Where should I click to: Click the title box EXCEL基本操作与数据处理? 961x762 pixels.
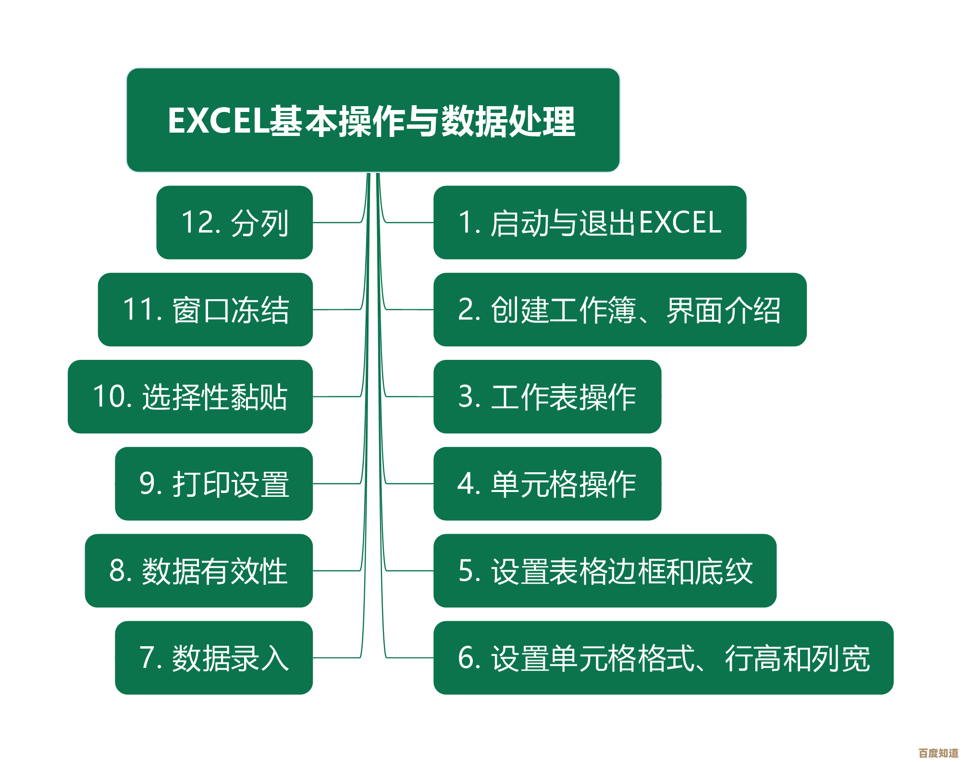(x=373, y=120)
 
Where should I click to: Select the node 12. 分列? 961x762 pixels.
(x=234, y=222)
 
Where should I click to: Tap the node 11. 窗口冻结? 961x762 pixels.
(x=205, y=309)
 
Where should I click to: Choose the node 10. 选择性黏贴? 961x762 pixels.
(x=190, y=396)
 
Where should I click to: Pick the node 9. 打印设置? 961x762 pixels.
(x=214, y=483)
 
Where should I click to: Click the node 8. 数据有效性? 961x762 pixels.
(x=199, y=571)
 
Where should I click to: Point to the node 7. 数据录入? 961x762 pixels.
(x=214, y=658)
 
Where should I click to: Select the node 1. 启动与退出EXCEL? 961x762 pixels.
(x=590, y=222)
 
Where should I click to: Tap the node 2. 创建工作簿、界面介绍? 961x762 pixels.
(x=620, y=309)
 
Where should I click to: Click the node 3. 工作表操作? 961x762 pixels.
(x=547, y=396)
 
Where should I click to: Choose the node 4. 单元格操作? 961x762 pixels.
(x=547, y=483)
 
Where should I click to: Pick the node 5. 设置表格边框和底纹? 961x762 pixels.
(x=605, y=571)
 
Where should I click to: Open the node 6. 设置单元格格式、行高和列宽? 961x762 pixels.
(x=664, y=658)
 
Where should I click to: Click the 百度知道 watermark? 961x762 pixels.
(x=938, y=753)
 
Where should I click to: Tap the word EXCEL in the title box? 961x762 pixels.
(x=218, y=120)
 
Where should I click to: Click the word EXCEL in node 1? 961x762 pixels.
(x=680, y=222)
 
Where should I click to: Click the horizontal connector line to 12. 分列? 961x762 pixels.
(x=337, y=222)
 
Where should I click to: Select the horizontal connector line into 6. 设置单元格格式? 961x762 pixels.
(x=409, y=658)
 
